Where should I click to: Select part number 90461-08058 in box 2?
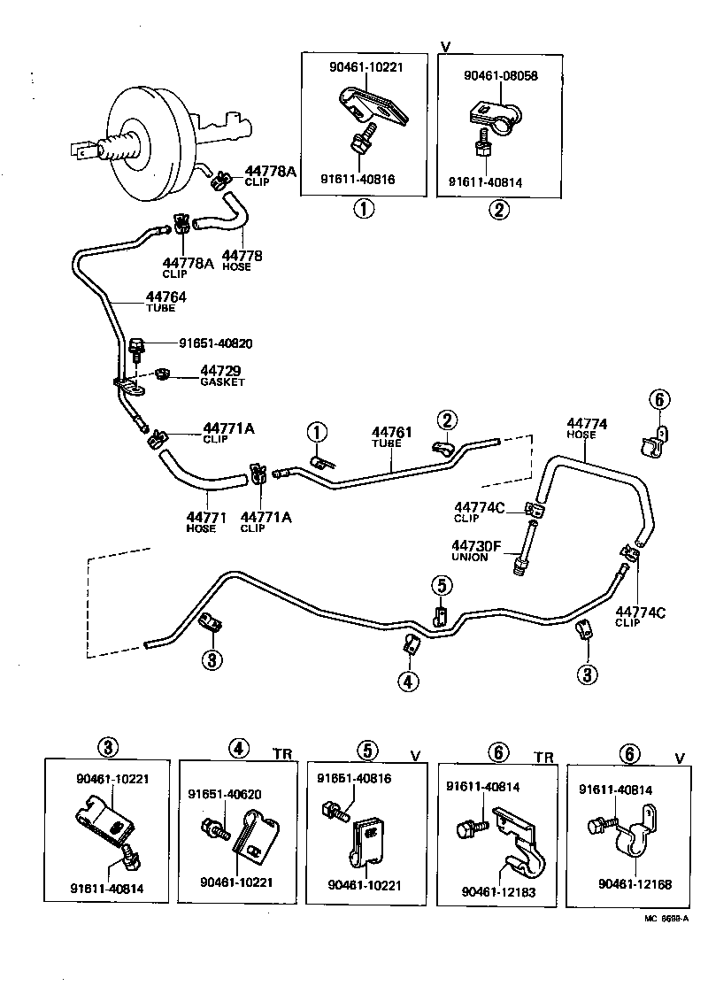click(501, 76)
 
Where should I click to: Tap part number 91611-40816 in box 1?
click(360, 179)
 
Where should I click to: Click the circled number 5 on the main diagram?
click(442, 585)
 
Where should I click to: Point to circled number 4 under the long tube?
click(409, 681)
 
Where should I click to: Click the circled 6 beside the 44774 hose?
click(658, 400)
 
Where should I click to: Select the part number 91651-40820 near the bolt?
click(221, 343)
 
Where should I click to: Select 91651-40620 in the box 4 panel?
click(225, 794)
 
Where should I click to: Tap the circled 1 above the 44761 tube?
click(317, 433)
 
